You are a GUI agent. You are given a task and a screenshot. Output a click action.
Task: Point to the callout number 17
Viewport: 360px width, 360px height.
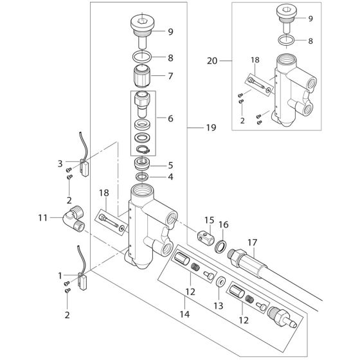(x=252, y=242)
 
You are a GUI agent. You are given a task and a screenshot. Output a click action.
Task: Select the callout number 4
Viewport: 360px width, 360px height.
(x=170, y=177)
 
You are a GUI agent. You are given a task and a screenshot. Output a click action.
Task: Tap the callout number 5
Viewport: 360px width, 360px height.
(x=170, y=165)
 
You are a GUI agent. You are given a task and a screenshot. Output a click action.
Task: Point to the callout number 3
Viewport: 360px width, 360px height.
(x=60, y=163)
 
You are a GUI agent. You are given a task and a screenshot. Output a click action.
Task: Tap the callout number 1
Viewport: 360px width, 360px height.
(x=60, y=275)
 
